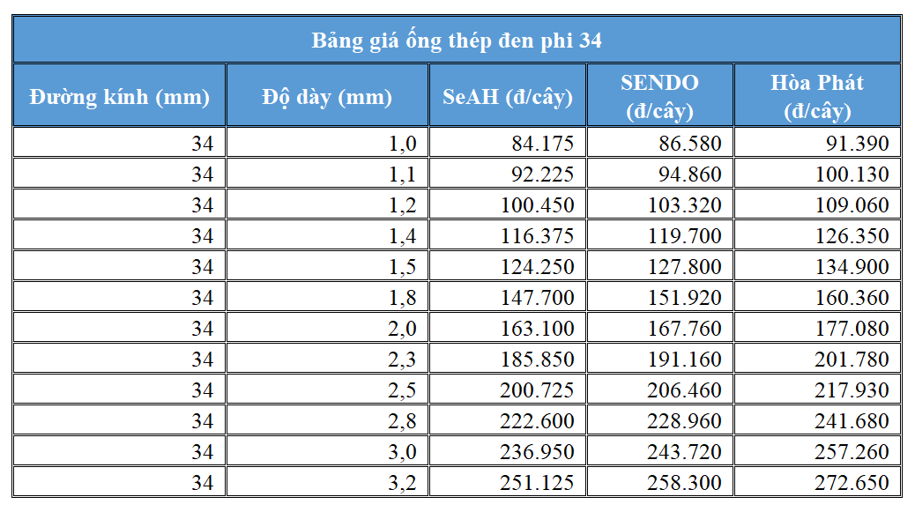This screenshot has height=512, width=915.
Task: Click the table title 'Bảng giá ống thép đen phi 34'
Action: point(457,41)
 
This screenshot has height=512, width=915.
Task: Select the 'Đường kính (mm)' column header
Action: point(119,96)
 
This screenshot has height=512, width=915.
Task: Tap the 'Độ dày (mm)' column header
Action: point(326,96)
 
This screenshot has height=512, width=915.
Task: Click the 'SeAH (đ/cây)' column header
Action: point(507,96)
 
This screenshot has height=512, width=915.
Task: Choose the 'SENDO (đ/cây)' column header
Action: point(659,96)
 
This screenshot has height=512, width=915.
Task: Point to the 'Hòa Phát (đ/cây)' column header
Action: point(816,96)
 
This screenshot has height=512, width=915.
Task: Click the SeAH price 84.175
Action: point(542,144)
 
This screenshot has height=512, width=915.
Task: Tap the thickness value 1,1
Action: point(402,174)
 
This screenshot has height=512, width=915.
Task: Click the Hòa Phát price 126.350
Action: point(852,236)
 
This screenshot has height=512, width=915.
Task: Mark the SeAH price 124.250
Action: point(536,267)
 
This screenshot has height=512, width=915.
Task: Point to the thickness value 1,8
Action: point(402,298)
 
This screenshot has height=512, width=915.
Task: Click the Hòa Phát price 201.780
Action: point(852,360)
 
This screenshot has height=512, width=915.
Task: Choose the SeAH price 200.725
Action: point(536,390)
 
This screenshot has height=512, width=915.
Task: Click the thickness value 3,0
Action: point(402,452)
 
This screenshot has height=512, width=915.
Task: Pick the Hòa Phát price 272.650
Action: point(852,483)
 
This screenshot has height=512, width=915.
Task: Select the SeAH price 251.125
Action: point(536,483)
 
